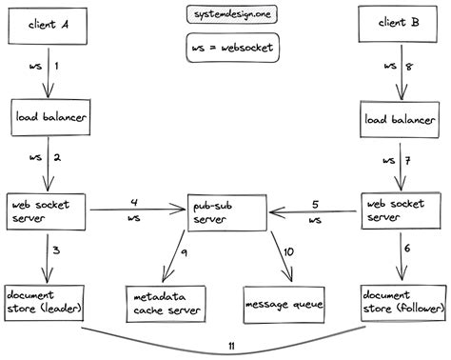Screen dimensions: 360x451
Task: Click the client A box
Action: point(47,24)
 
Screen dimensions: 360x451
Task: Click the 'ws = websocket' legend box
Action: point(225,49)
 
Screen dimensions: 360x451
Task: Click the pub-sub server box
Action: point(225,213)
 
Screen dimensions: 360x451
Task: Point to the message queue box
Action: point(284,304)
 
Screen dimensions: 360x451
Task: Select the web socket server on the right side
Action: point(400,211)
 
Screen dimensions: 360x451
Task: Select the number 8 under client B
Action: point(411,67)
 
